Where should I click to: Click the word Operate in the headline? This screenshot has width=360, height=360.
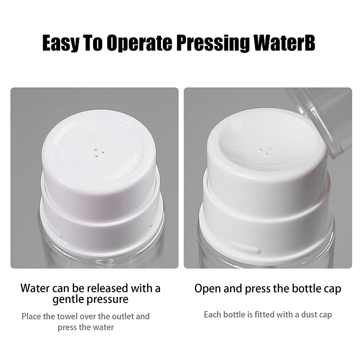point(139,43)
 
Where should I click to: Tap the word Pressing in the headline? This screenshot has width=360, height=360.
point(213,43)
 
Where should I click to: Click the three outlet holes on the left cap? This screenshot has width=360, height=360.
point(99,153)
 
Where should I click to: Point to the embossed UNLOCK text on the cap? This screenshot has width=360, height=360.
point(271,118)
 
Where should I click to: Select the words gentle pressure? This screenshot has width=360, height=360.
point(90,299)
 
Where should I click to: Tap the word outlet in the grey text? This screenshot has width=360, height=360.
point(122,316)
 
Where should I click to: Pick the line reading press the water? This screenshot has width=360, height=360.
point(85,328)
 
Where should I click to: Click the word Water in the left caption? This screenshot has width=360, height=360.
point(36,288)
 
